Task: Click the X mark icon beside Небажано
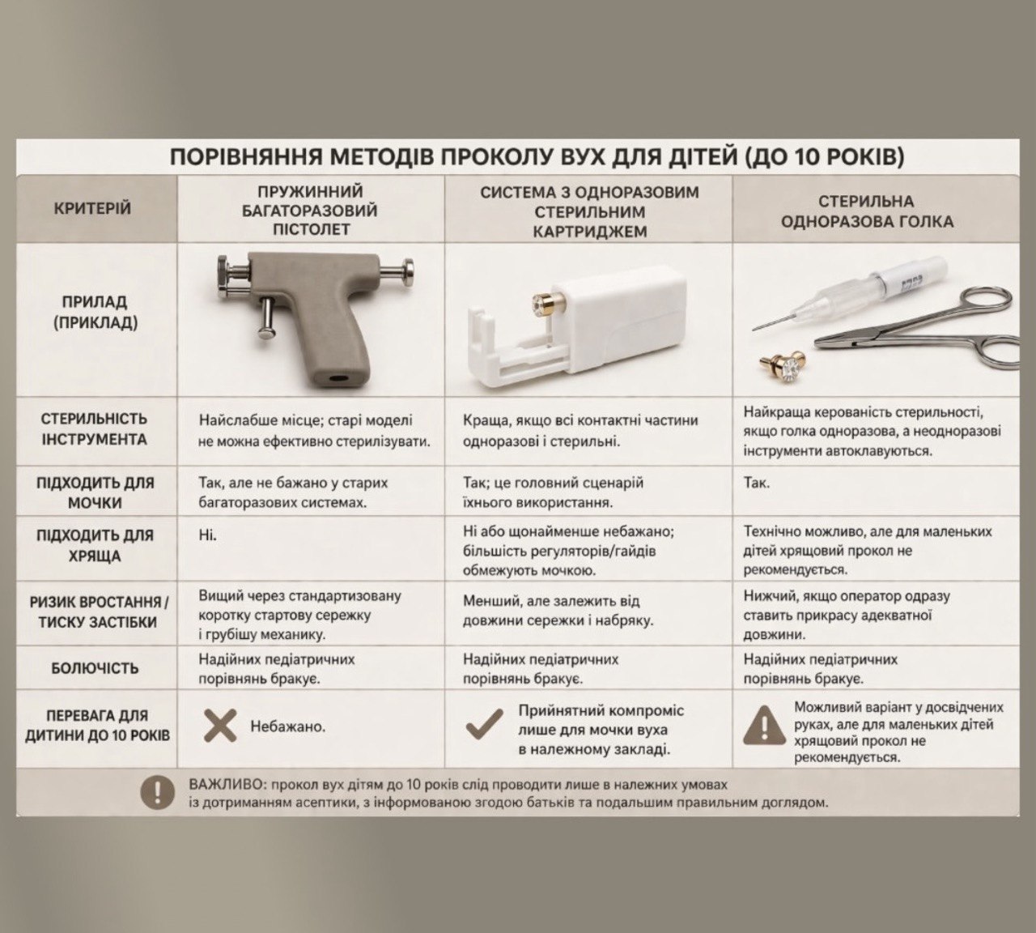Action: pyautogui.click(x=220, y=726)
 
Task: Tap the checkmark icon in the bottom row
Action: pyautogui.click(x=484, y=725)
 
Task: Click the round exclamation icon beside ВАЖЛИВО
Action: pyautogui.click(x=158, y=791)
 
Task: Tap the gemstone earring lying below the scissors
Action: pyautogui.click(x=785, y=365)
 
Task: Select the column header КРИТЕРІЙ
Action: pyautogui.click(x=92, y=209)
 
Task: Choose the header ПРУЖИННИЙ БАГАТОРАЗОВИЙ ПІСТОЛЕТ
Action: pyautogui.click(x=310, y=211)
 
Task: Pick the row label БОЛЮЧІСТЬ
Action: pyautogui.click(x=95, y=669)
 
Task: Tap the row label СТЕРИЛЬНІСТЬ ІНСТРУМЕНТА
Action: pyautogui.click(x=94, y=429)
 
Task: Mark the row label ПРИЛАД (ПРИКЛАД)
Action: pyautogui.click(x=95, y=312)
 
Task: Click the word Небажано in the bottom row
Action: pyautogui.click(x=287, y=726)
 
